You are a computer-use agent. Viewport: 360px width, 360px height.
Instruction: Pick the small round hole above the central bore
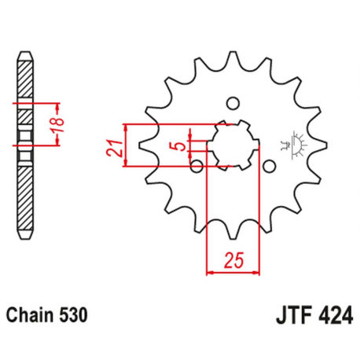[x=233, y=102]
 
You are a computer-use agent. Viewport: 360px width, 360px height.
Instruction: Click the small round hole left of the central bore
[x=197, y=164]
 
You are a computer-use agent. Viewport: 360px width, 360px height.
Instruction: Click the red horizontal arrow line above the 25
[x=233, y=274]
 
